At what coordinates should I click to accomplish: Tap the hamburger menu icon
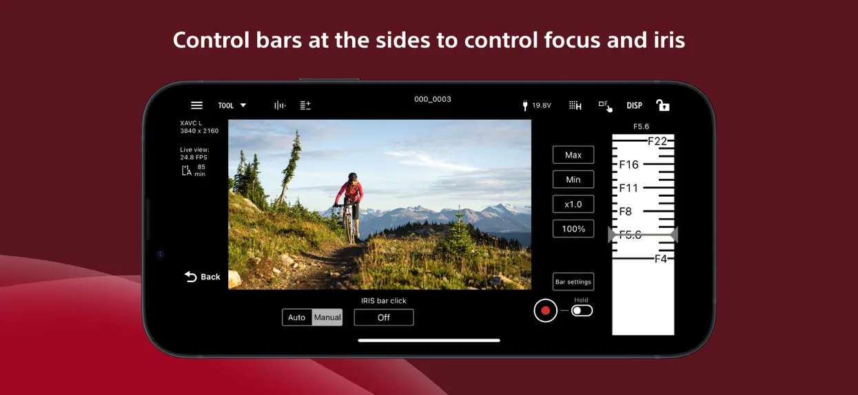196,105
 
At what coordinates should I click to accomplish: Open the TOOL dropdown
232,105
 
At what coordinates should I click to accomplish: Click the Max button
573,155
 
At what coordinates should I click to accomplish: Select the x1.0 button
573,204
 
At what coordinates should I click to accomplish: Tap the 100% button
573,228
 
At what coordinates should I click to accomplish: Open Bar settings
573,282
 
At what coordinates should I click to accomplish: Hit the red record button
545,310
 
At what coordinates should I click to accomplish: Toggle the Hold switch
582,310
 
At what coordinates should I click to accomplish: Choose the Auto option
297,317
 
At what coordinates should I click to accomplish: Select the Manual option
327,317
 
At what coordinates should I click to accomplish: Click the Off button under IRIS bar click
384,317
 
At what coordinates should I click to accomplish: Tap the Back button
202,277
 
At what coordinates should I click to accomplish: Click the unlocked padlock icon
663,105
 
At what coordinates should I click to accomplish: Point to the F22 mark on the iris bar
657,141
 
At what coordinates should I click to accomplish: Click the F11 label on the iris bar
629,188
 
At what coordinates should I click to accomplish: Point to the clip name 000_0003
433,99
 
